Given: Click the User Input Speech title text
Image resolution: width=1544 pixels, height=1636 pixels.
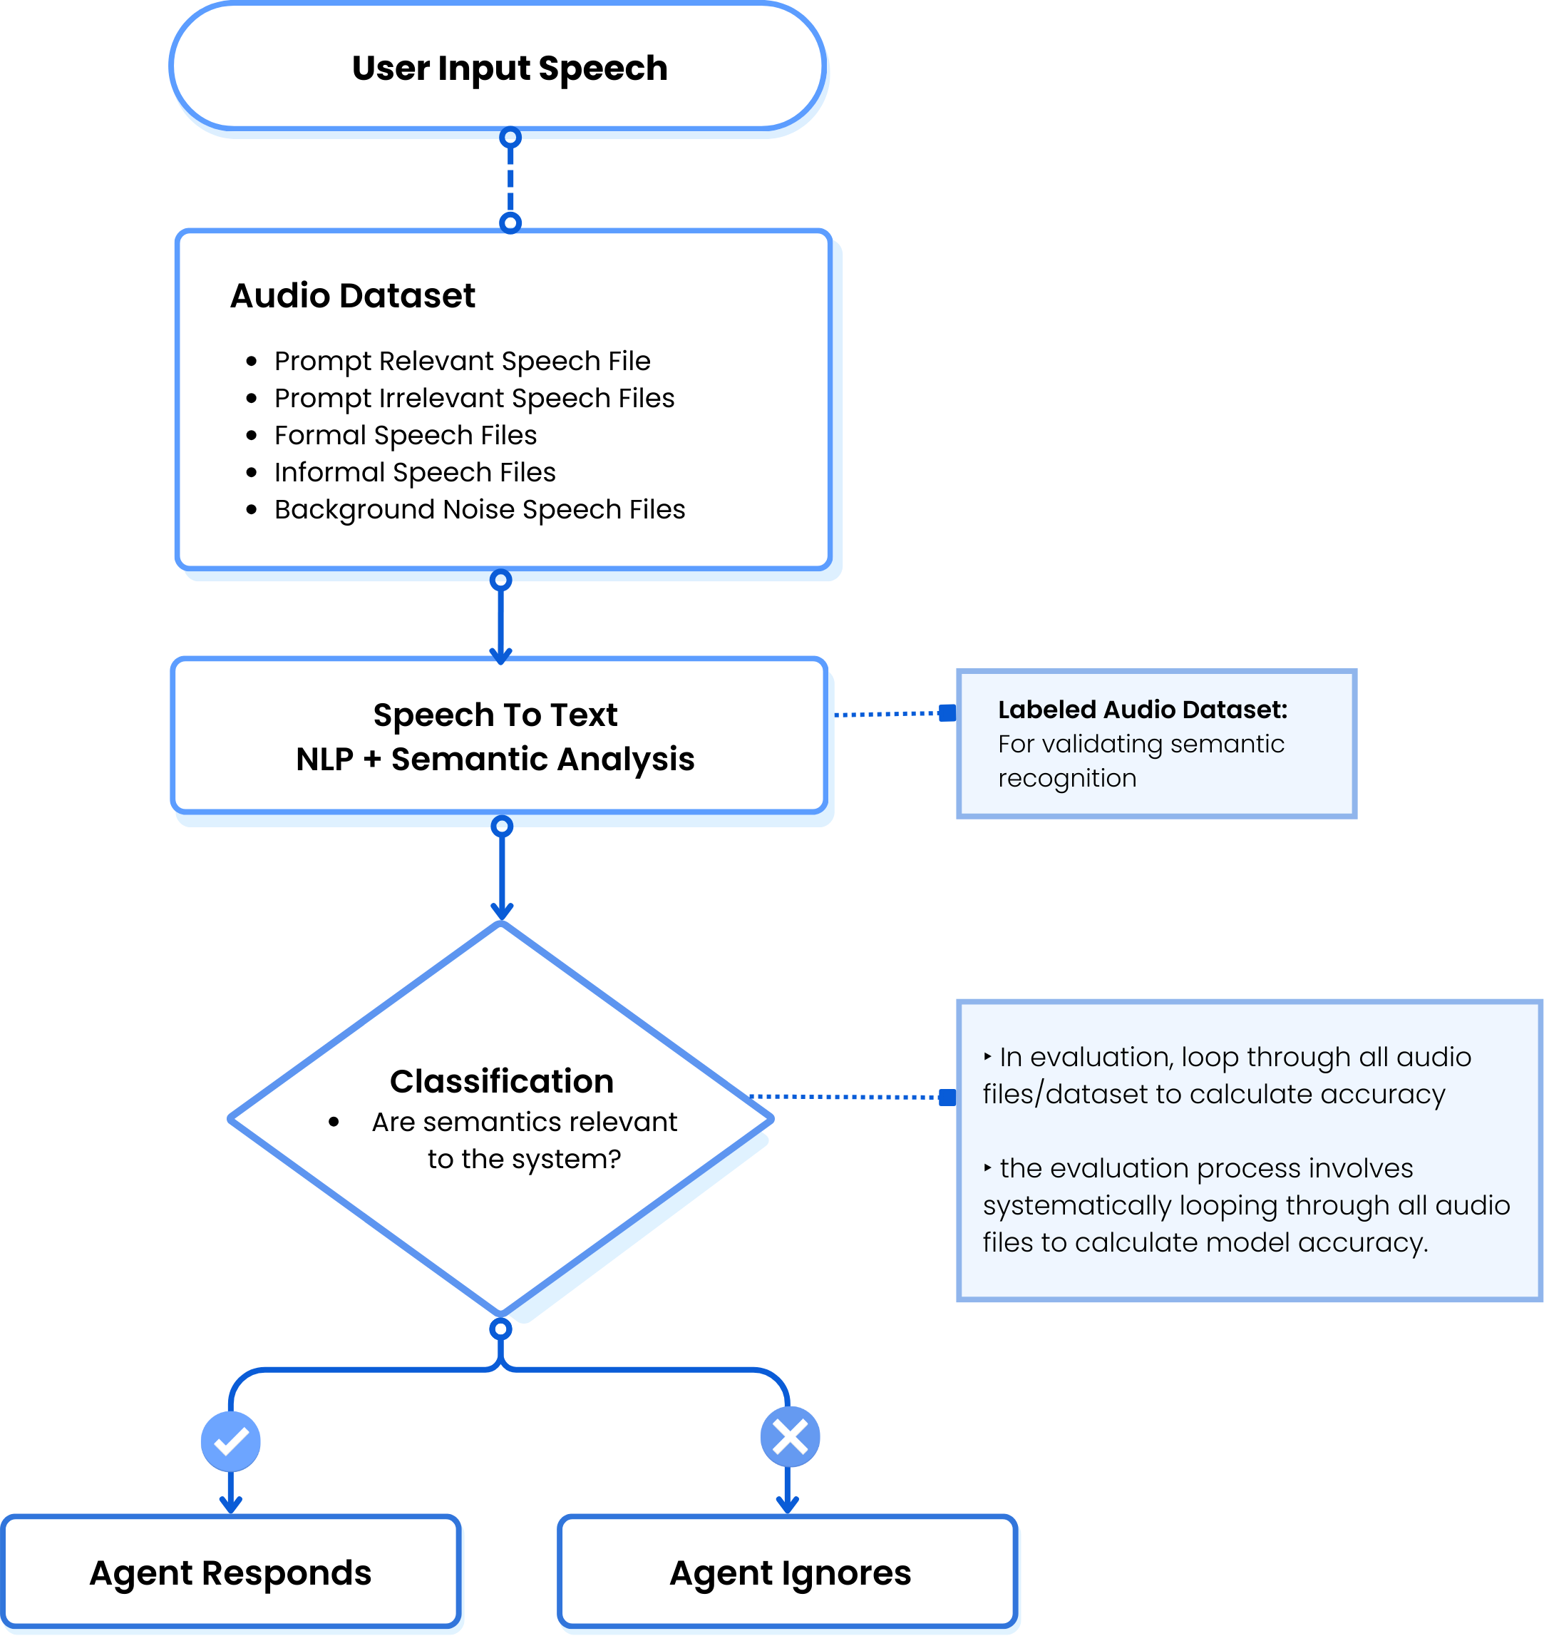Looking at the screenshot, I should (510, 68).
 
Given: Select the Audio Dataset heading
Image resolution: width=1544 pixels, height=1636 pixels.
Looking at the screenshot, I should (352, 295).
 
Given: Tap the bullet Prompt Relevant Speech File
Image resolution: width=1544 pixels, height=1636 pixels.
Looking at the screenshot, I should (462, 361).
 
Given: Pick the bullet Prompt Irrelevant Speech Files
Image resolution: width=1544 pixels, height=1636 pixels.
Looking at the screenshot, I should (474, 398).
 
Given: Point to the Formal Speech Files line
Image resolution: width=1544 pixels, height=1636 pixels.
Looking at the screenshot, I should (405, 435).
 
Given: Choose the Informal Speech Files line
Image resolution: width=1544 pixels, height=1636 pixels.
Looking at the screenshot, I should (415, 472).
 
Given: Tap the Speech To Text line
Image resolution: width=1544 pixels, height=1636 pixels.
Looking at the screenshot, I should (495, 715).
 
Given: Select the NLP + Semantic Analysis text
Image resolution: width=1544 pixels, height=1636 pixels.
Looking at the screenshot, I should (495, 758).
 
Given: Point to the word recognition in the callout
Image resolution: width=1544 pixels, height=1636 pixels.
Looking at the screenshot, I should (1066, 778).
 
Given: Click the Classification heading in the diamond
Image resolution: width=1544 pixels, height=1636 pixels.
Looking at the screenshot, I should (501, 1081).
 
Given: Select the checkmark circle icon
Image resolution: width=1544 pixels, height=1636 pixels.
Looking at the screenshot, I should (230, 1441).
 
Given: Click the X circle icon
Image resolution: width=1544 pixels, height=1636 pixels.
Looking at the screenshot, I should (789, 1438).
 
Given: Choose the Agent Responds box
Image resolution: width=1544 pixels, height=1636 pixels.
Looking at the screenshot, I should (230, 1573).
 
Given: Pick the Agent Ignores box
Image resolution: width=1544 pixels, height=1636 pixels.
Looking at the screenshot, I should (789, 1573).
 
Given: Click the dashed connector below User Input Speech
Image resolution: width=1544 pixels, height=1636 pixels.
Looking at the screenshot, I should (510, 180).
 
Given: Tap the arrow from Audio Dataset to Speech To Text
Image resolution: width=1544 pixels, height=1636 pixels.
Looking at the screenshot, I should (500, 622).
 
